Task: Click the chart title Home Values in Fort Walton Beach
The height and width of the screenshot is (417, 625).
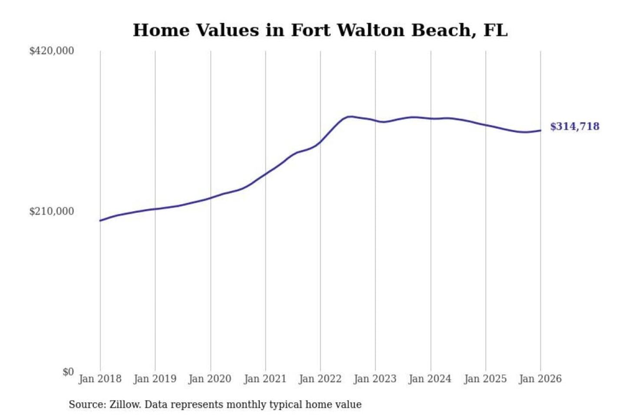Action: coord(320,30)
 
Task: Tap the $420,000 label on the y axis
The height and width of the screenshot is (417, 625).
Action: coord(52,51)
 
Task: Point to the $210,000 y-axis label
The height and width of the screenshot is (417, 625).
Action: coord(52,212)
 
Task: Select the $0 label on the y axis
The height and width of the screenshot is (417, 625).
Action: coord(68,372)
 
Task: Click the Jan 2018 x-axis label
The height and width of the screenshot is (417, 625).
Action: coord(100,379)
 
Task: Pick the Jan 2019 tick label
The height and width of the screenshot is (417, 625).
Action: coord(155,379)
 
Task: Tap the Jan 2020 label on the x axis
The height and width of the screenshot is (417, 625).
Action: coord(210,379)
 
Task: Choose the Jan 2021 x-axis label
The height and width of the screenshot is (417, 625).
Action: coord(265,379)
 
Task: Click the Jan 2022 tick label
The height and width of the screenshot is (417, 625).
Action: coord(320,379)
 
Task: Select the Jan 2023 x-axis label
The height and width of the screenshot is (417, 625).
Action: coord(375,379)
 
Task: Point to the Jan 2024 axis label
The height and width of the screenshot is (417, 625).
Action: coord(430,379)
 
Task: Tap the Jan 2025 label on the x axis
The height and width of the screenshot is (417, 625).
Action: coord(485,379)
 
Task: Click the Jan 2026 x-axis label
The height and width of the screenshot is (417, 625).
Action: coord(540,379)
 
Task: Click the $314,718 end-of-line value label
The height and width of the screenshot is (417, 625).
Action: coord(575,126)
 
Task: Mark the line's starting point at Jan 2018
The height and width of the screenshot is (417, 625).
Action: coord(100,221)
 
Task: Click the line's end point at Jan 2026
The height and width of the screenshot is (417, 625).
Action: coord(540,130)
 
